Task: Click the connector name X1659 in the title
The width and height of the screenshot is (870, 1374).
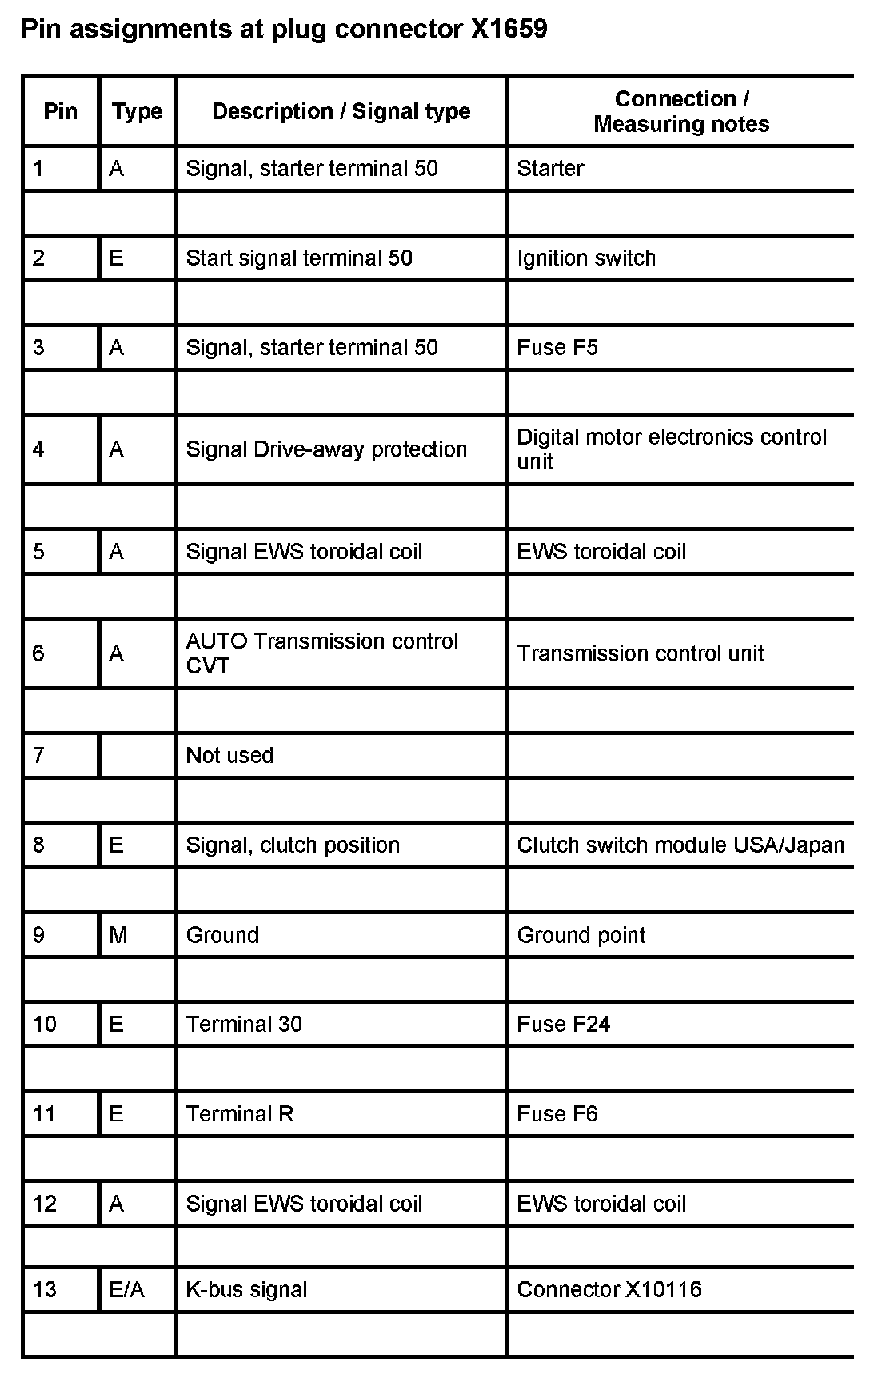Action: tap(509, 30)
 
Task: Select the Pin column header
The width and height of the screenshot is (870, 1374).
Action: tap(61, 111)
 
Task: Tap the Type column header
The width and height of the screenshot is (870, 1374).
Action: tap(137, 111)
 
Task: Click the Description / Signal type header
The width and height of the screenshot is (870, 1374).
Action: tap(341, 111)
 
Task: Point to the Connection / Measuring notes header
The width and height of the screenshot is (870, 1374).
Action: tap(681, 111)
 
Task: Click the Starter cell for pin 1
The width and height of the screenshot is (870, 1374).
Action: tap(550, 168)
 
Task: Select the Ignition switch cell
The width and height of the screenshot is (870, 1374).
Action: tap(586, 258)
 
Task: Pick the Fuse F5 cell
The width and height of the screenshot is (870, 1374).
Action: tap(557, 347)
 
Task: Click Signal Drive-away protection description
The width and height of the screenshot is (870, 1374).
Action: tap(326, 449)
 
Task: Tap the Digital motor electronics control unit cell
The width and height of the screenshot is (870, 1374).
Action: tap(672, 449)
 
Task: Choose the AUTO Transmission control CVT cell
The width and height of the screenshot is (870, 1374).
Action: tap(322, 653)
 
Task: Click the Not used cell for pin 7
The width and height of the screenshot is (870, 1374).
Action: tap(229, 755)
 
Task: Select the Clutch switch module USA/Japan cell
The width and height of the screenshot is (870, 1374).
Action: tap(680, 845)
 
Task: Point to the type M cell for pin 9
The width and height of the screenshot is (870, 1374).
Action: tap(118, 935)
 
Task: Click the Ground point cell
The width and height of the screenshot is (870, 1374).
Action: tap(581, 935)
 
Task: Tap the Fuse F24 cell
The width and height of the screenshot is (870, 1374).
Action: tap(563, 1025)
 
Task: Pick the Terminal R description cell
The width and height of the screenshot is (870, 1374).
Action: tap(240, 1114)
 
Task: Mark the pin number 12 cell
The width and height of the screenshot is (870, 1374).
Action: tap(45, 1204)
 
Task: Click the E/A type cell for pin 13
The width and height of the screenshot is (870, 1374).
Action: tap(127, 1289)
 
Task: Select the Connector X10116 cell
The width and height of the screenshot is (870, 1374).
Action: tap(609, 1289)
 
